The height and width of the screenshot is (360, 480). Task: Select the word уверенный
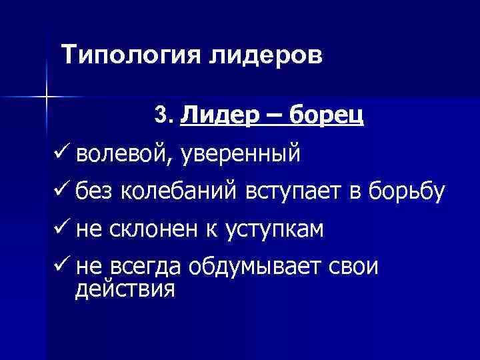point(241,155)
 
